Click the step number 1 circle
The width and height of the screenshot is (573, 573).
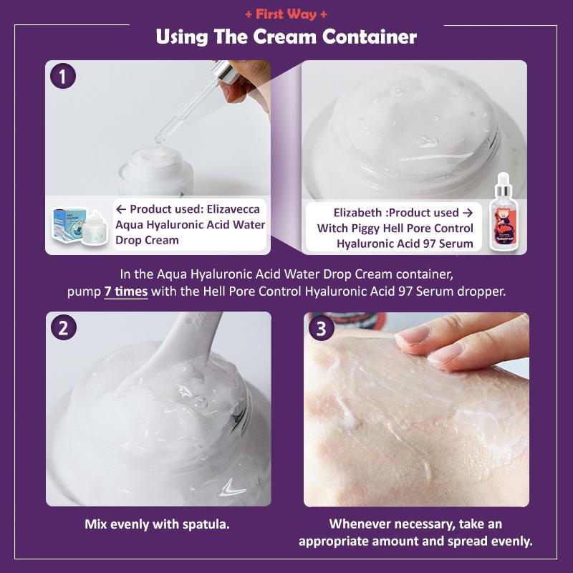(x=63, y=77)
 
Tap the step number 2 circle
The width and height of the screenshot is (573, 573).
(x=64, y=327)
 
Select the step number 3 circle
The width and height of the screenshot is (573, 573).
(x=321, y=328)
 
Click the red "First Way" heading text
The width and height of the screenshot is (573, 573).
(x=286, y=14)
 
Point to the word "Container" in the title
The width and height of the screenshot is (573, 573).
(x=370, y=37)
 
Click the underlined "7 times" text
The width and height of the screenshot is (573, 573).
(x=126, y=292)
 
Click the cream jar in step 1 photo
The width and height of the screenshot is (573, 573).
(x=156, y=171)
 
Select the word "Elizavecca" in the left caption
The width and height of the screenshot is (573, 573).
(x=233, y=209)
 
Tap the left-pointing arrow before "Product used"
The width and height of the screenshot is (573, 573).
(x=121, y=209)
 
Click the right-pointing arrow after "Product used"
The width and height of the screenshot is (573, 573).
(x=468, y=213)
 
